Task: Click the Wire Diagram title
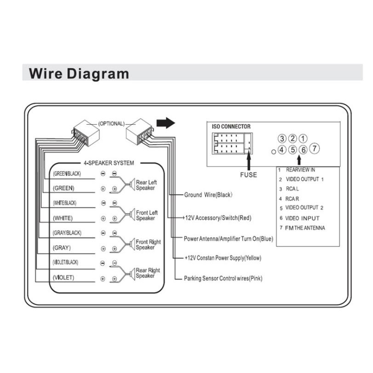[x=79, y=74]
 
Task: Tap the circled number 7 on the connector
[x=314, y=148]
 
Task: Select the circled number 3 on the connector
[x=282, y=138]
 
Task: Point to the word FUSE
[x=248, y=175]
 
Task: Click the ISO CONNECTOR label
[x=231, y=126]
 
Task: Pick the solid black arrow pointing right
[x=166, y=123]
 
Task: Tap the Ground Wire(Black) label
[x=208, y=195]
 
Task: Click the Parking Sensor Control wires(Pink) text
[x=223, y=278]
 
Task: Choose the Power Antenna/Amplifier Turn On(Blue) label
[x=229, y=239]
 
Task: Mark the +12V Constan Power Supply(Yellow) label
[x=223, y=258]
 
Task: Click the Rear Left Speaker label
[x=146, y=185]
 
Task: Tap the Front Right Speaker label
[x=148, y=245]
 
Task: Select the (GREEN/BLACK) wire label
[x=67, y=173]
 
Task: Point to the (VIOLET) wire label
[x=63, y=278]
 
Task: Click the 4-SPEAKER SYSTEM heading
[x=109, y=163]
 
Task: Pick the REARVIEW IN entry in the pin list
[x=300, y=170]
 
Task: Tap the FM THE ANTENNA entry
[x=305, y=228]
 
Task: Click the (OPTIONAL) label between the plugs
[x=111, y=123]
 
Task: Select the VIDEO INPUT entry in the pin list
[x=302, y=218]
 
